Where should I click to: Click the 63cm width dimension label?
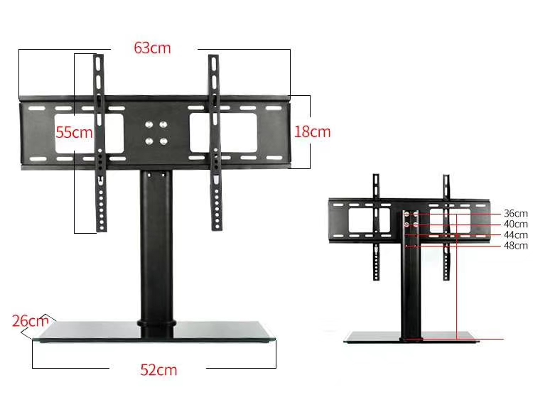153,48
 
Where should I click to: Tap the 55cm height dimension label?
75,132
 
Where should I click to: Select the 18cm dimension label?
313,131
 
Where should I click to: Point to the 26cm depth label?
30,320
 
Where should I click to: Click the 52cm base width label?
158,369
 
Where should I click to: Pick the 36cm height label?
515,213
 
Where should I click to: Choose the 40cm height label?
515,224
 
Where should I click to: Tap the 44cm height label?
515,234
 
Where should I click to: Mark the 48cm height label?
515,246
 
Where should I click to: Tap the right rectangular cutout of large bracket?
223,132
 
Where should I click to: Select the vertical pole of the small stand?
410,284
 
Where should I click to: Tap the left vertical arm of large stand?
100,142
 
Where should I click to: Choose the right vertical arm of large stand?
214,142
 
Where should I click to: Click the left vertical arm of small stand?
376,227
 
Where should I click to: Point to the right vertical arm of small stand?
446,227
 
